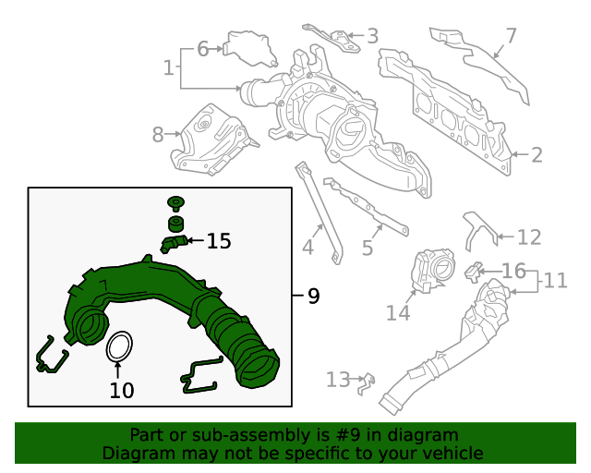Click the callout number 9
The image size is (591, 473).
314,296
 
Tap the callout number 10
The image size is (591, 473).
122,391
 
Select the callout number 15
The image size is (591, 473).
219,241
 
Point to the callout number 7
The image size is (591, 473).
511,36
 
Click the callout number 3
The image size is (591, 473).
372,36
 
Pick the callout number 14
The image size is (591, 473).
398,312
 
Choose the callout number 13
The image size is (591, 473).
338,380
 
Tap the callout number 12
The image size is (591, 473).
529,237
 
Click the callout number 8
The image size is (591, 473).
158,135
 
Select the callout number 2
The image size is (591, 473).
537,155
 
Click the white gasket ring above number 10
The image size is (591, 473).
119,346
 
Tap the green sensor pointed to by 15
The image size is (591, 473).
173,243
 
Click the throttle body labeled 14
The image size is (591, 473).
433,271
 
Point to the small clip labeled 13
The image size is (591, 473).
367,384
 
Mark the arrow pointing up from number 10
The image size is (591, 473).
118,370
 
